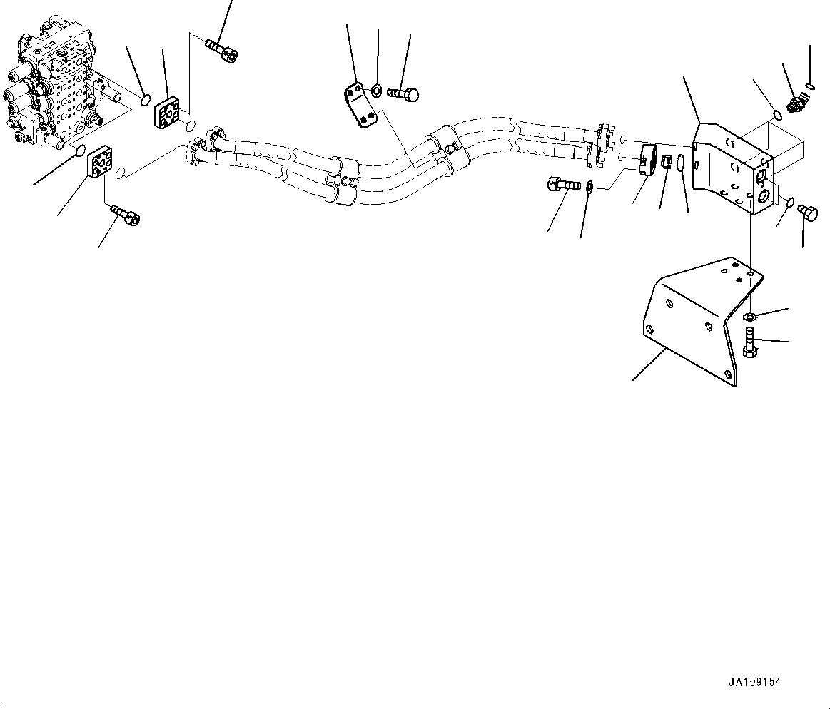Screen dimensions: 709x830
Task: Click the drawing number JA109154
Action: click(754, 682)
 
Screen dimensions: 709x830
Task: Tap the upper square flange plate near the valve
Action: click(170, 113)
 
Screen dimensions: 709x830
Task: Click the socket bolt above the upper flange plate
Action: click(222, 50)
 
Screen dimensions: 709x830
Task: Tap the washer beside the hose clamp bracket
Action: click(377, 90)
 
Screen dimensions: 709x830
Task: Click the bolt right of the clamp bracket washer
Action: click(404, 93)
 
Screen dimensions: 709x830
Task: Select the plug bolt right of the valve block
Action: click(808, 212)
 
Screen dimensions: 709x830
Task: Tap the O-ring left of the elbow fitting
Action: click(776, 113)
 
